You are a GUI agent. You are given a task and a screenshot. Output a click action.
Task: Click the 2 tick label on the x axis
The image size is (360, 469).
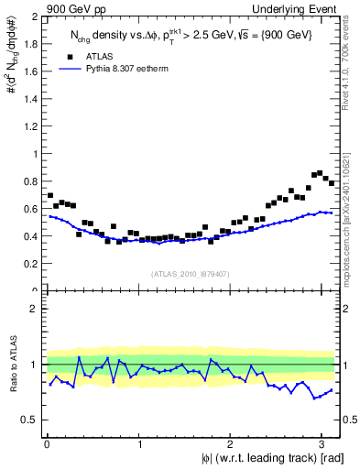pos(233,445)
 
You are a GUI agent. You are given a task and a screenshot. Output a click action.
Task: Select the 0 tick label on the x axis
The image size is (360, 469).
pos(47,445)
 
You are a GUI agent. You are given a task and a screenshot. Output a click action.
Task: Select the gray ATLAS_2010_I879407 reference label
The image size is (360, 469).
pos(191,272)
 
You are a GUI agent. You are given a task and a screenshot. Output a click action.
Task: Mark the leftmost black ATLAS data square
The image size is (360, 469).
pos(49,195)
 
